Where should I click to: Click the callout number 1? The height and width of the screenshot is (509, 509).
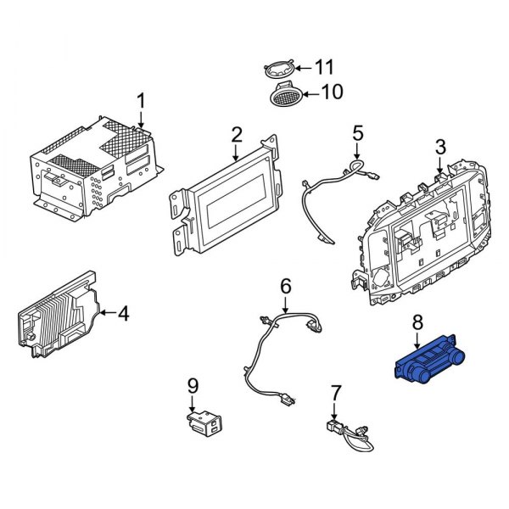coord(142,102)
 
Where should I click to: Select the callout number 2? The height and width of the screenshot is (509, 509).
coord(237,133)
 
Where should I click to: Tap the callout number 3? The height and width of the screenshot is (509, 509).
coord(439,148)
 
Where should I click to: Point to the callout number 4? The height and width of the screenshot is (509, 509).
coord(124,314)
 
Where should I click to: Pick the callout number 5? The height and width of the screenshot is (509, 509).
coord(357,132)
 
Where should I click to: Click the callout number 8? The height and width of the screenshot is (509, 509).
coord(417,322)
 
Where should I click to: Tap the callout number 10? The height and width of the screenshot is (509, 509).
coord(332,92)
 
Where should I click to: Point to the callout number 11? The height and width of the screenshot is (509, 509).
coord(325,66)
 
